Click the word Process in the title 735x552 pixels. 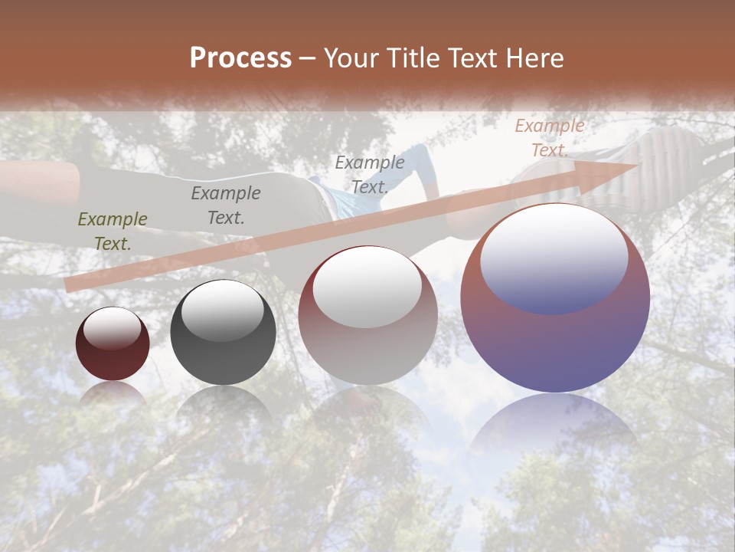pos(240,58)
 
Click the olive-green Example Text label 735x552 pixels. pos(113,232)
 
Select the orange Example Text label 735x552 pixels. pos(549,138)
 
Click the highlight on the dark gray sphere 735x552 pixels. pos(222,311)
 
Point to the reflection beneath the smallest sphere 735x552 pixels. pos(113,393)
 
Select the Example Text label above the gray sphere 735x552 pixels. pos(226,205)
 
